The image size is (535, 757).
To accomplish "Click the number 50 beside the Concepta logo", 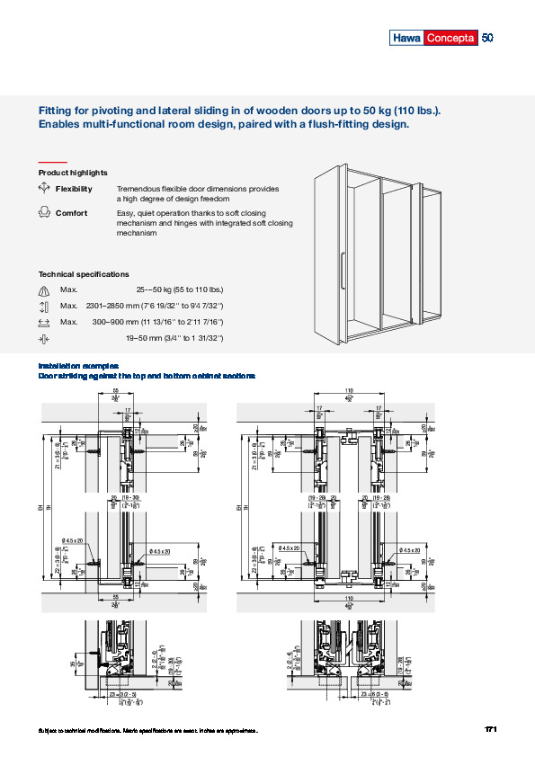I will pyautogui.click(x=488, y=39).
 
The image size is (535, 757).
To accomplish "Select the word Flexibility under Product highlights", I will pyautogui.click(x=74, y=189).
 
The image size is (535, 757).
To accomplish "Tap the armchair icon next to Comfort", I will pyautogui.click(x=44, y=213).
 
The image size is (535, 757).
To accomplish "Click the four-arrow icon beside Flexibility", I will pyautogui.click(x=44, y=189).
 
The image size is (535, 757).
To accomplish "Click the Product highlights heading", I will pyautogui.click(x=73, y=172).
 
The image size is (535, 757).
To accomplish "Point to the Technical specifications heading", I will pyautogui.click(x=84, y=273).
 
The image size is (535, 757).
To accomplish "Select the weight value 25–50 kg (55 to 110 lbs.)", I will pyautogui.click(x=179, y=289).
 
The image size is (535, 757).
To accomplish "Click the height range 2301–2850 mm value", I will pyautogui.click(x=154, y=306).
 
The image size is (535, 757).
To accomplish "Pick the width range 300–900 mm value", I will pyautogui.click(x=157, y=321).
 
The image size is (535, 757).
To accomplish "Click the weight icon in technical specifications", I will pyautogui.click(x=44, y=289).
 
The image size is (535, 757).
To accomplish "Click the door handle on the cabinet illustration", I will pyautogui.click(x=343, y=272).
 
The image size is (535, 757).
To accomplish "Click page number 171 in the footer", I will pyautogui.click(x=491, y=728).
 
